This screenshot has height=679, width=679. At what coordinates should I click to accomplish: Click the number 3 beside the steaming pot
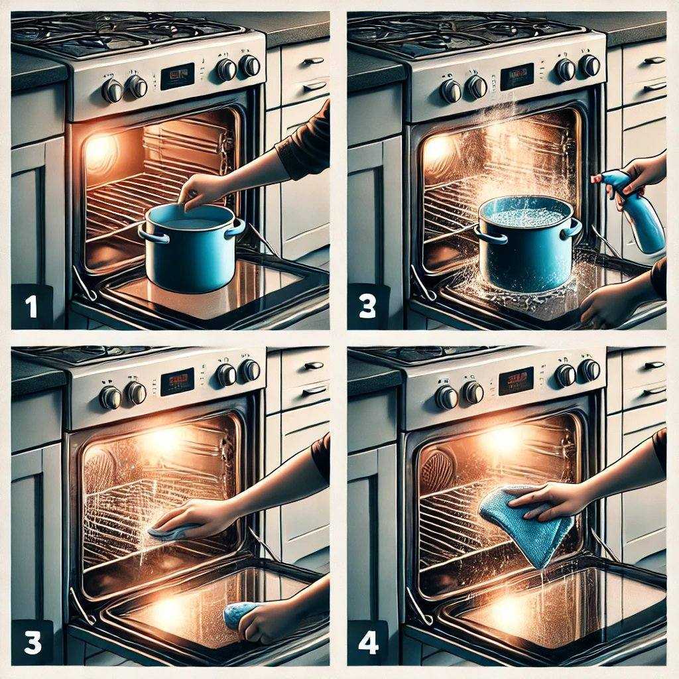[x=367, y=306]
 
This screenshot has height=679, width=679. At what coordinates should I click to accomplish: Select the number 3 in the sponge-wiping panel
[x=32, y=643]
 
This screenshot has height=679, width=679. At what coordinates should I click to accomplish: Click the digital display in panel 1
[x=178, y=76]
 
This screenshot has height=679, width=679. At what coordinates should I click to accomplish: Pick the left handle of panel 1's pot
[x=145, y=232]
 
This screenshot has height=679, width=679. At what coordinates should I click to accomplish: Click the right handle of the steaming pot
[x=570, y=229]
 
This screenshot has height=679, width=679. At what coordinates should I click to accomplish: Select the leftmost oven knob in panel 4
[x=446, y=397]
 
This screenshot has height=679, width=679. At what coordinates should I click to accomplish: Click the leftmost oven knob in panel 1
[x=112, y=90]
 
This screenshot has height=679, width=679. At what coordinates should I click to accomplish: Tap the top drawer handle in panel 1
[x=313, y=61]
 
